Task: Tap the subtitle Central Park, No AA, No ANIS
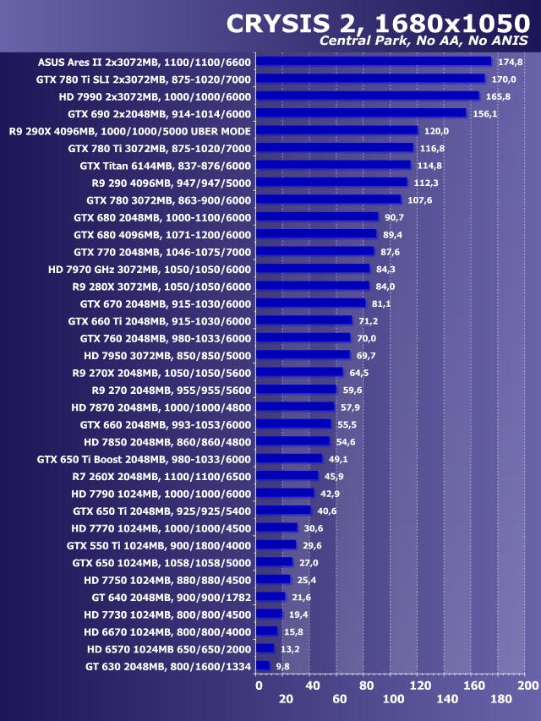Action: pos(424,41)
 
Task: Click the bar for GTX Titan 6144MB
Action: pos(333,165)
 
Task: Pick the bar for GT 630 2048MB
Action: pos(263,666)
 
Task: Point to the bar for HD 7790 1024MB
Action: pos(285,493)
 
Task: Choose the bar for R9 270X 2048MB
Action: pos(299,372)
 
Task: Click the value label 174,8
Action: pos(510,62)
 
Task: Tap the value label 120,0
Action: pos(436,131)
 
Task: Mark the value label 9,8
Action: pos(282,667)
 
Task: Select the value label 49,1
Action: pos(338,459)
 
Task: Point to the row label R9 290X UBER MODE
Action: pos(129,131)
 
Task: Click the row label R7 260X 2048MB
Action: pos(161,476)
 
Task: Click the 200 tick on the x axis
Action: pos(527,685)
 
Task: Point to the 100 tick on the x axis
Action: pos(393,699)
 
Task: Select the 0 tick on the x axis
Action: pos(259,685)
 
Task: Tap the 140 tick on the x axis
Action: pos(447,699)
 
